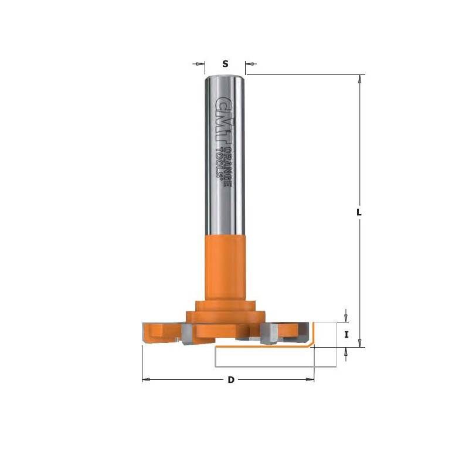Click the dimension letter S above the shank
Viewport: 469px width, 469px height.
click(225, 63)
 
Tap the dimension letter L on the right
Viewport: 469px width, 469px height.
click(359, 212)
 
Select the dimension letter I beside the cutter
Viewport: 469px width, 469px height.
click(346, 335)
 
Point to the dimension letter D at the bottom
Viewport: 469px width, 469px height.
click(231, 380)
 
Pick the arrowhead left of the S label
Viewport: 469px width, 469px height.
click(202, 63)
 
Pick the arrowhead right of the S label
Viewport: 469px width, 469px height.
click(249, 63)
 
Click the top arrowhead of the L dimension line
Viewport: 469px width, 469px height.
click(361, 79)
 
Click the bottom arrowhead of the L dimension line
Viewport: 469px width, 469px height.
click(361, 343)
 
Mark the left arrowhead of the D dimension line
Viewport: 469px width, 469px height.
click(146, 380)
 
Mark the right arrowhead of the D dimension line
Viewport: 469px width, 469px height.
click(311, 380)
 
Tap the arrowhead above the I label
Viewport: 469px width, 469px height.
click(346, 318)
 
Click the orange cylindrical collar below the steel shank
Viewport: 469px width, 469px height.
click(225, 267)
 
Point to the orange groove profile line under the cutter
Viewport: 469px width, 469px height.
click(264, 346)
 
